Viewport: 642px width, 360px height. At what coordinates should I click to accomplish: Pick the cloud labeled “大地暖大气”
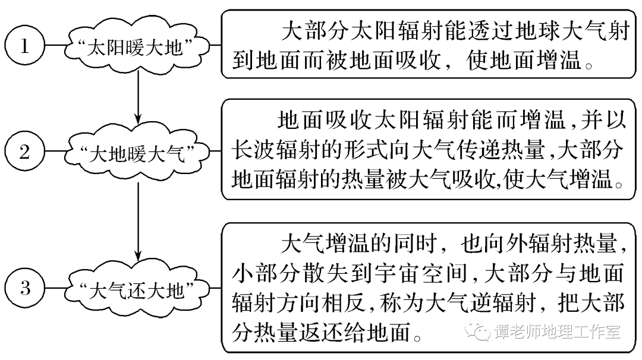(138, 154)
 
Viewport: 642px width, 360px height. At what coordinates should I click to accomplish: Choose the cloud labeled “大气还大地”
(138, 291)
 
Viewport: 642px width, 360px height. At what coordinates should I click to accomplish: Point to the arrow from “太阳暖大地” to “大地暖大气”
(138, 95)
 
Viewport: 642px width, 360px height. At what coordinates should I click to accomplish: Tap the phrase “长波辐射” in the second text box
(281, 151)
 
